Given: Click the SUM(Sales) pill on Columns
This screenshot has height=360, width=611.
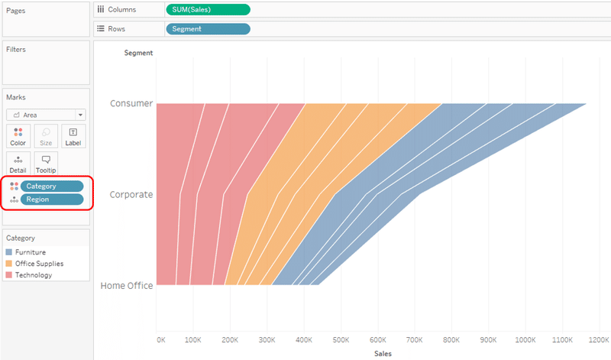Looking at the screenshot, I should point(207,10).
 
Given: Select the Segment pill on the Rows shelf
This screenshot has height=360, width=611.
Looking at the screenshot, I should point(207,29).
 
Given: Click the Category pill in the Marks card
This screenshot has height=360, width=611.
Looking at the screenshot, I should point(52,186).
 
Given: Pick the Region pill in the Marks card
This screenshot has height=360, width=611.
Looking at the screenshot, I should point(52,199).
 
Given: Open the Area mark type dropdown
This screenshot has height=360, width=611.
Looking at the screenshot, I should point(46,115).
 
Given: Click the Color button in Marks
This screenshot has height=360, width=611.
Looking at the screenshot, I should point(18,137).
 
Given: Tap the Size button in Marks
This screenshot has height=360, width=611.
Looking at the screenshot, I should point(46,137).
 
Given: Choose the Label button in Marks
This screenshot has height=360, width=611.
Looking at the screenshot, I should point(73,137).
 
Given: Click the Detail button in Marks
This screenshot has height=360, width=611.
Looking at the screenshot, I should point(18,164).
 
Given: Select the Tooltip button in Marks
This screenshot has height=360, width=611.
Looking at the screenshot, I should point(46,164).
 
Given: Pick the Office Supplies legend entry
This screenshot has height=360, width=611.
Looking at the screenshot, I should point(39,263).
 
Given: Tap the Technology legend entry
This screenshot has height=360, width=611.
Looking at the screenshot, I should point(34,274).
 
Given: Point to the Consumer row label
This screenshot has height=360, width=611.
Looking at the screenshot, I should point(131,103).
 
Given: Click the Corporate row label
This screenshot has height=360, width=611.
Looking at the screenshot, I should point(131,194).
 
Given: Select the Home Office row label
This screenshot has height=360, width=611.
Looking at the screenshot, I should point(126,286).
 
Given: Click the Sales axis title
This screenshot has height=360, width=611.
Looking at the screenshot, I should point(383,354).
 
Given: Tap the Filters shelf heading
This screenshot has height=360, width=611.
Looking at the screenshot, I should point(16,50).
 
